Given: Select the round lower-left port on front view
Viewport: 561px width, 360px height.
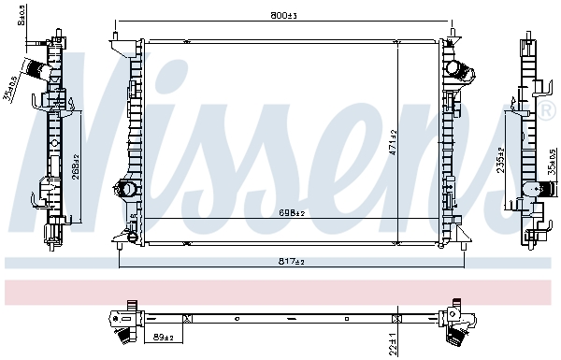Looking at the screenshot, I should point(122,188).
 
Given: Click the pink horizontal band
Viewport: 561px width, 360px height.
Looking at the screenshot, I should point(280,291).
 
